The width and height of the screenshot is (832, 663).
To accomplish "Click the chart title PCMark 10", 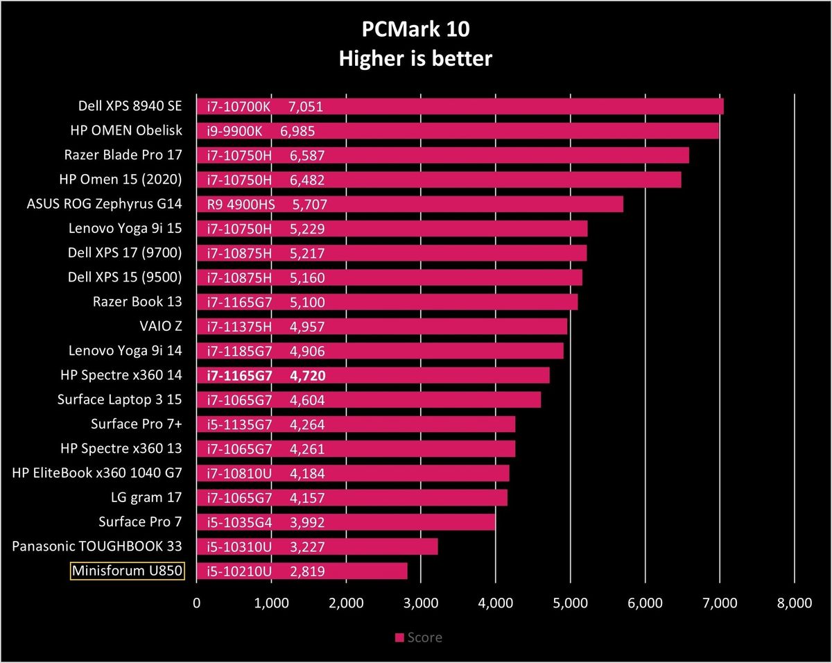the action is (x=415, y=29).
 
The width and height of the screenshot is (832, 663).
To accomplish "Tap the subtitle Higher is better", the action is (x=415, y=59).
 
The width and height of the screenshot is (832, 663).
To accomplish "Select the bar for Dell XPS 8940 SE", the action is (x=460, y=106).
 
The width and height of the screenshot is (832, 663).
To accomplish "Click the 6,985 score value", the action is (x=297, y=131).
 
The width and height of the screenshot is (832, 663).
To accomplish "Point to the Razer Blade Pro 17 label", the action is (x=123, y=155).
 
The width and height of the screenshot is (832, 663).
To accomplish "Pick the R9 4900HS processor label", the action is (x=241, y=204).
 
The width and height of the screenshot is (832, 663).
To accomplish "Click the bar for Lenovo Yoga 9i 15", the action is (x=392, y=229).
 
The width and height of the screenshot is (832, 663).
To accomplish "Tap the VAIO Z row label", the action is (x=160, y=326).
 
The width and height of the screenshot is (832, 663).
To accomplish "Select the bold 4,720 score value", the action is (x=308, y=376).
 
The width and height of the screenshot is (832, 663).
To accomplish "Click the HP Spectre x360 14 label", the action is (x=121, y=374).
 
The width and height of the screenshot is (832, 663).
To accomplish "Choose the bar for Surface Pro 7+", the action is (x=356, y=424).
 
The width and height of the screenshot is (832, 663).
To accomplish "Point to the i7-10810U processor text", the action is (x=239, y=474).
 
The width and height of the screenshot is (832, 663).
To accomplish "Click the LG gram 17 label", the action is (x=146, y=497).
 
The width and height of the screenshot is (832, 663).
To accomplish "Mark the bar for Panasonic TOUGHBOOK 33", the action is (x=318, y=546).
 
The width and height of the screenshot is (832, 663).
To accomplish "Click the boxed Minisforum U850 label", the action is (x=127, y=571).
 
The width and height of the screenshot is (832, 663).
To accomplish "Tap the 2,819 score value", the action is (x=307, y=571).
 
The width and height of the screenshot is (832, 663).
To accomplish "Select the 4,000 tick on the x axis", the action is (x=496, y=603).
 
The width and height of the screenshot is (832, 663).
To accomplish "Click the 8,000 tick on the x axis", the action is (x=795, y=603).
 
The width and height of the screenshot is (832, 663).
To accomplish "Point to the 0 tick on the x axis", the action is (x=197, y=603).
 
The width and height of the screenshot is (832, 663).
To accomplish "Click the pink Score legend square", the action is (x=399, y=637).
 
